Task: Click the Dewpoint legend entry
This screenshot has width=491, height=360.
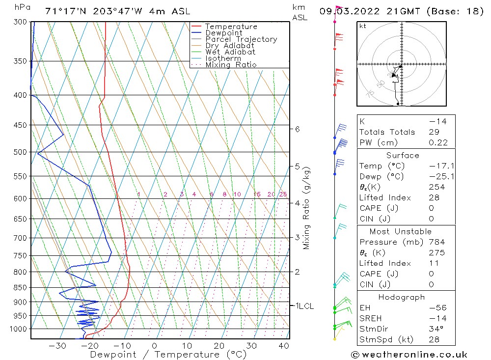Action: click(223, 33)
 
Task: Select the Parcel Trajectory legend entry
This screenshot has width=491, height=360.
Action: click(241, 39)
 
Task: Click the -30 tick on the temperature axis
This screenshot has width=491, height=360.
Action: click(57, 346)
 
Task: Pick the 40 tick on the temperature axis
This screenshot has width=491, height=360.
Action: click(283, 346)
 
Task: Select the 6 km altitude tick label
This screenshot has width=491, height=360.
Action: click(297, 129)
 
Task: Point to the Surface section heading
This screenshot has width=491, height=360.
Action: click(403, 155)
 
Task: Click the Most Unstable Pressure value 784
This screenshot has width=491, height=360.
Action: click(436, 242)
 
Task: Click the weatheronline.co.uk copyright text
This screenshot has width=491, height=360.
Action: click(409, 355)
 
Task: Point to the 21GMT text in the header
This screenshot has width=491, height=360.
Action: click(401, 11)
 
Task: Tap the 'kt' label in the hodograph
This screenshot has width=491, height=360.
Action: click(363, 26)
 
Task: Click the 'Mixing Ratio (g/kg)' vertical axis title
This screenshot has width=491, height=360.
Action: click(307, 208)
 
